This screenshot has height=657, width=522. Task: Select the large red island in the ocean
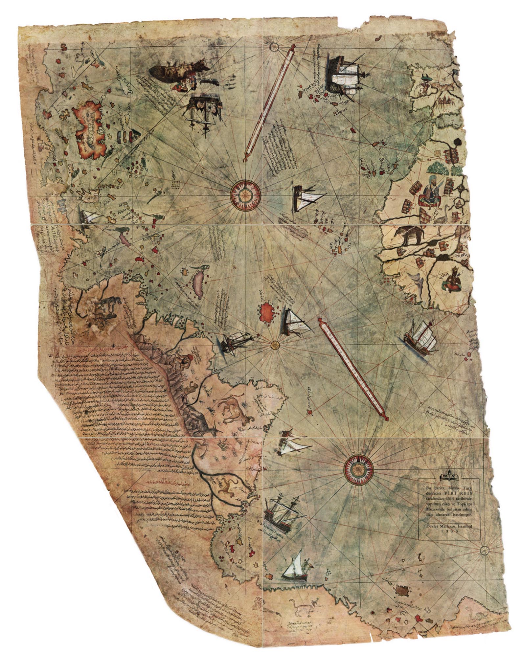coord(267,312)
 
